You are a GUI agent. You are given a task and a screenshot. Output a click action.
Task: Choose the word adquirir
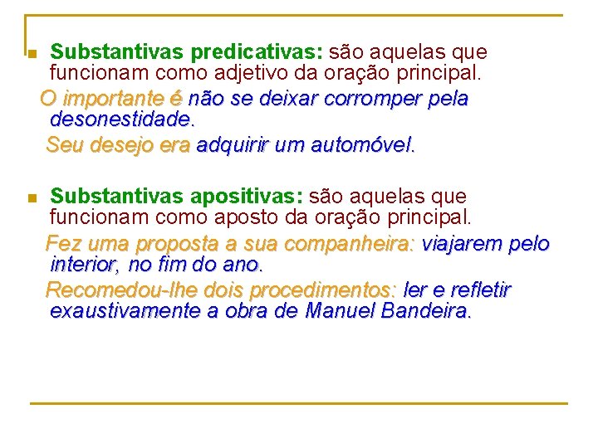tap(232, 145)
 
